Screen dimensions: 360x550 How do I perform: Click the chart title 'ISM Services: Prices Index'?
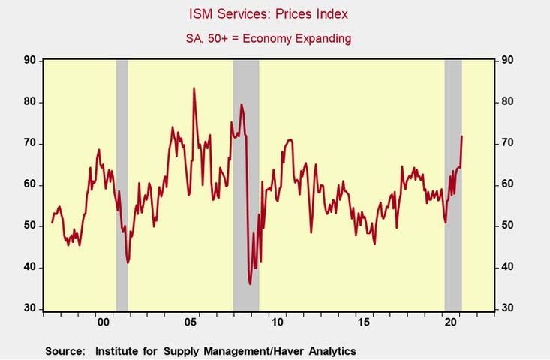[x=275, y=14]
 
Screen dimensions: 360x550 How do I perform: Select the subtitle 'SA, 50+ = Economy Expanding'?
[x=275, y=37]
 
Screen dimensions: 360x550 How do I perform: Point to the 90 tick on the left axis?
[x=29, y=61]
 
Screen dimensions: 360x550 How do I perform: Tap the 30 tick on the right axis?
[x=506, y=308]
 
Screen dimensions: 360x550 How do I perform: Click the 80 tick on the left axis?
[x=29, y=102]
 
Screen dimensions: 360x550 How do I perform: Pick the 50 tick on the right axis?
[x=506, y=226]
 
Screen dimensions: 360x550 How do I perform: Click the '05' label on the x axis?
[x=190, y=322]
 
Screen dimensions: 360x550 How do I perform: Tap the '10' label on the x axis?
[x=277, y=322]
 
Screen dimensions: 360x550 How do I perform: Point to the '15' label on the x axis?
[x=364, y=322]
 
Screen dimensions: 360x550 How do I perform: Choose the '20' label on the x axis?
[x=451, y=322]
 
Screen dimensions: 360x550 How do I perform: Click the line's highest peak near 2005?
[x=194, y=88]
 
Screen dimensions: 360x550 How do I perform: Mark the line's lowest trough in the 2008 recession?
[x=250, y=283]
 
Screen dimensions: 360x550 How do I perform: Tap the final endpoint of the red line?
[x=461, y=136]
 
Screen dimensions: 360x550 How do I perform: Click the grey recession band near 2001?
[x=122, y=184]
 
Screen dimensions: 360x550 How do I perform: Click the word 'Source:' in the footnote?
[x=65, y=350]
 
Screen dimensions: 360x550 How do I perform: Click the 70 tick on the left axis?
[x=29, y=143]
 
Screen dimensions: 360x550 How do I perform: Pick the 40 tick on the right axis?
[x=506, y=267]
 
